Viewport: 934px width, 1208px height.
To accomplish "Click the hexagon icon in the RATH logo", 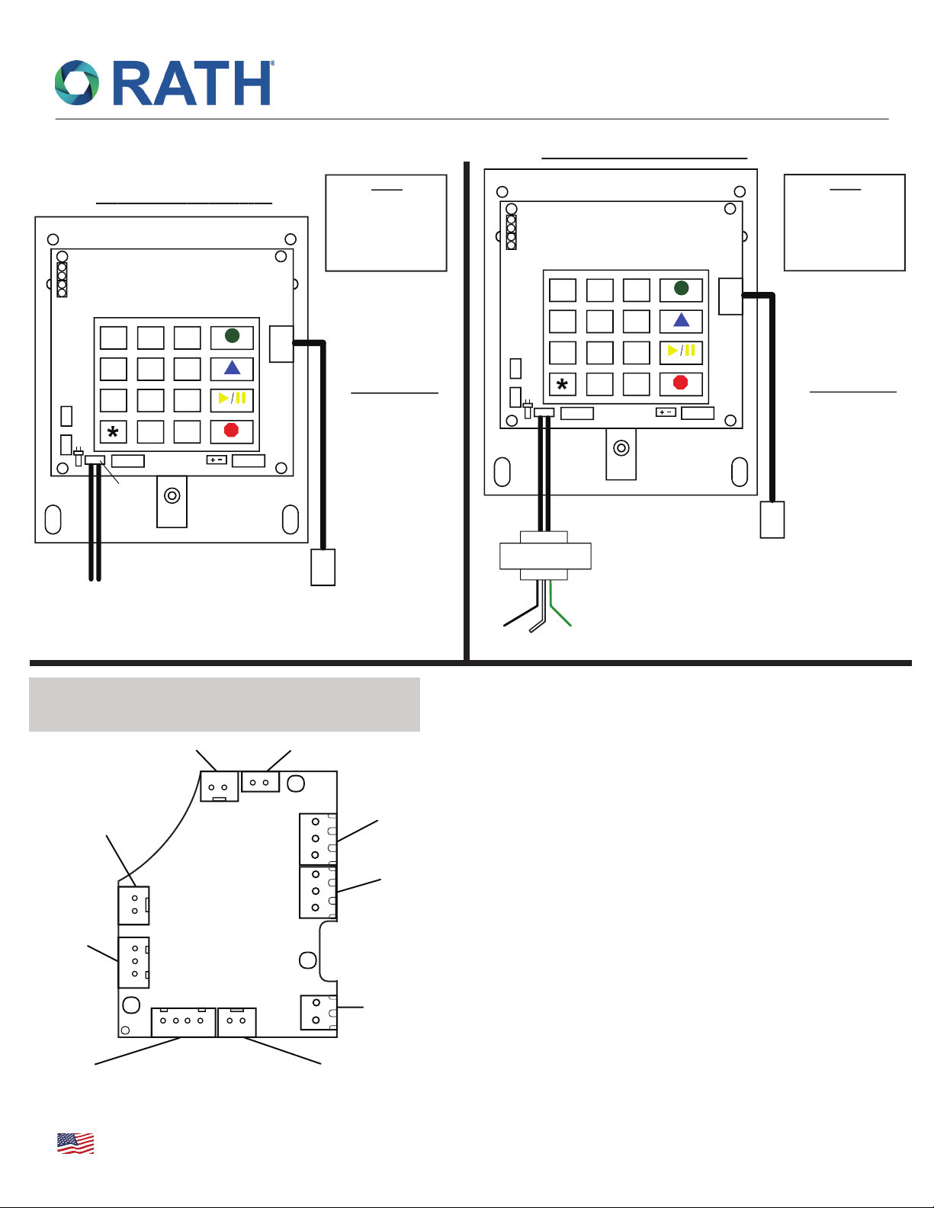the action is [x=77, y=83].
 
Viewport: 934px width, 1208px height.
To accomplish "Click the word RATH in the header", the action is [x=193, y=83].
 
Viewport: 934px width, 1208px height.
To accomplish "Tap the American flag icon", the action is [x=75, y=1143].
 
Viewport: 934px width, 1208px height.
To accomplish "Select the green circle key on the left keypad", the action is [x=232, y=336].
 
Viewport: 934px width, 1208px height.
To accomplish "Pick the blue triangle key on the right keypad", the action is [x=681, y=321].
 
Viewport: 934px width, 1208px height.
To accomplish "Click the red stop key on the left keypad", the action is [x=232, y=431].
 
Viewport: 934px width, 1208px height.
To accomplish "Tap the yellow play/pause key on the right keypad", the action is [x=681, y=352].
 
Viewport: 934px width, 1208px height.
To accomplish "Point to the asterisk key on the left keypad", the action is [x=113, y=432].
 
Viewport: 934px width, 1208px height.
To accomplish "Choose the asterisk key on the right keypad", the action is [x=562, y=385].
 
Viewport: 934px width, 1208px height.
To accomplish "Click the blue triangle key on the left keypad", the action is [x=232, y=368].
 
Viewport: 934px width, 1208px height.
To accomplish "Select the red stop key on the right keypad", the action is [x=681, y=383].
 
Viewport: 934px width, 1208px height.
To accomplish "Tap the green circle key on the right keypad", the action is [x=681, y=289].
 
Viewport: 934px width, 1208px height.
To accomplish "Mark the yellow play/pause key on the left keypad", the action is [x=232, y=399].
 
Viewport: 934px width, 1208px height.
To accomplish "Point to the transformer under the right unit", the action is [x=544, y=556].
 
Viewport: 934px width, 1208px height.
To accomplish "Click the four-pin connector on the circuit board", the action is [x=183, y=1022].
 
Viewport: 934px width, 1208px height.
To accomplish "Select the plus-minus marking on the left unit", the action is [x=217, y=460].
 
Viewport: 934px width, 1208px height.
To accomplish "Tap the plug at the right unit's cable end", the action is [x=772, y=519].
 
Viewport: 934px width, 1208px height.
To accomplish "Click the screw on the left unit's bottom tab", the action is [x=172, y=496].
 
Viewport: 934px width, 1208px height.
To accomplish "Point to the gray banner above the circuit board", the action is [x=224, y=704].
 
